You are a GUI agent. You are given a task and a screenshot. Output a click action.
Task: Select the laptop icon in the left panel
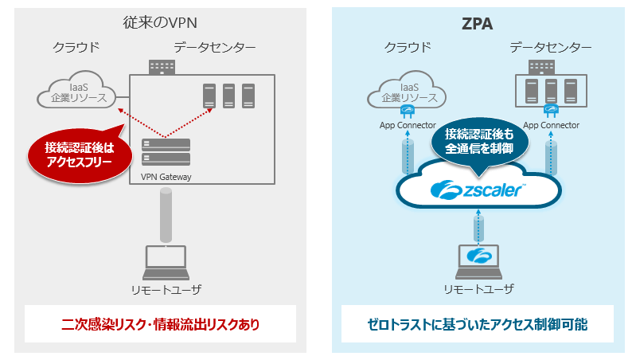pyautogui.click(x=164, y=260)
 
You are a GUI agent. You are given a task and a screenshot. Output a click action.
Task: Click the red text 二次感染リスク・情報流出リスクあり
pyautogui.click(x=160, y=325)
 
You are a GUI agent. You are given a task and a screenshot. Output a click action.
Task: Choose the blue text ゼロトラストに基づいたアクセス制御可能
pyautogui.click(x=478, y=325)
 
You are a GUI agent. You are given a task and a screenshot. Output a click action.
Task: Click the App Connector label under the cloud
pyautogui.click(x=407, y=125)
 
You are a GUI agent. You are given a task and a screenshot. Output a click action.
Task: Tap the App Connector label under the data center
pyautogui.click(x=551, y=125)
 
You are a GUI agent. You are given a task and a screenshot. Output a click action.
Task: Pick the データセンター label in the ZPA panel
pyautogui.click(x=551, y=48)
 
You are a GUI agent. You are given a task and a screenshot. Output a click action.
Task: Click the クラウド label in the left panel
pyautogui.click(x=76, y=48)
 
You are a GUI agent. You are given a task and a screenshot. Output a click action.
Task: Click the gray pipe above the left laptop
pyautogui.click(x=166, y=215)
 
